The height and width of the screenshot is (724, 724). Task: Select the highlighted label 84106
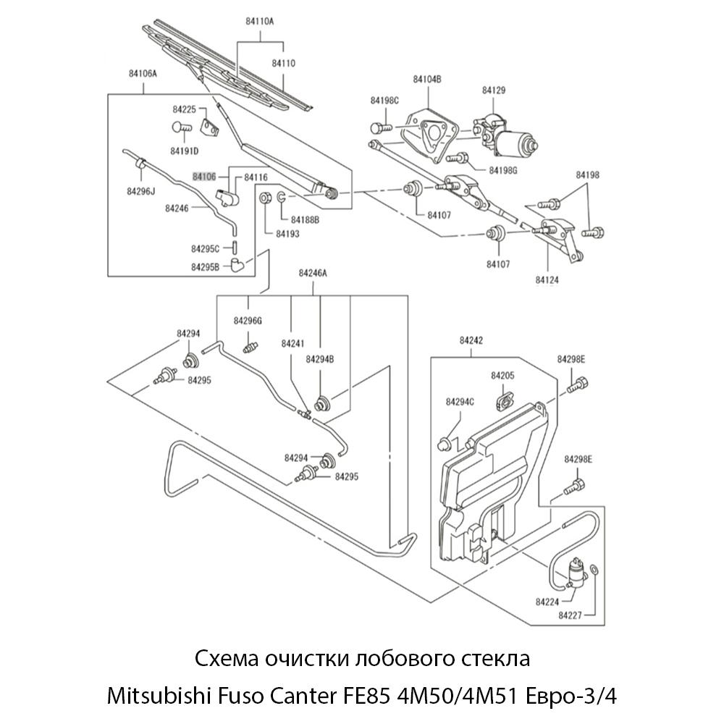click(204, 176)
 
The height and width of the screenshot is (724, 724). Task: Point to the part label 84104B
click(427, 78)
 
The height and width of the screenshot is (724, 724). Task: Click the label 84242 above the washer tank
click(472, 340)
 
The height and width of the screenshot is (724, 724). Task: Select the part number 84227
click(572, 615)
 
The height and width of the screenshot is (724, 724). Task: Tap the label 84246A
click(313, 273)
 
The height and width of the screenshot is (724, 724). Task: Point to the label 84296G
click(248, 320)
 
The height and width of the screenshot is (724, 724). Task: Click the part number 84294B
click(319, 358)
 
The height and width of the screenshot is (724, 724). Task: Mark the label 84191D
click(185, 151)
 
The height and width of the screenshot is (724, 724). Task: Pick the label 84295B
click(205, 266)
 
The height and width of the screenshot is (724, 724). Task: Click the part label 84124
click(547, 279)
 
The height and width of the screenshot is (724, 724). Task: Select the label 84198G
click(504, 170)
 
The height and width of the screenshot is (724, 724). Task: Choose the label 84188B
click(305, 219)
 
